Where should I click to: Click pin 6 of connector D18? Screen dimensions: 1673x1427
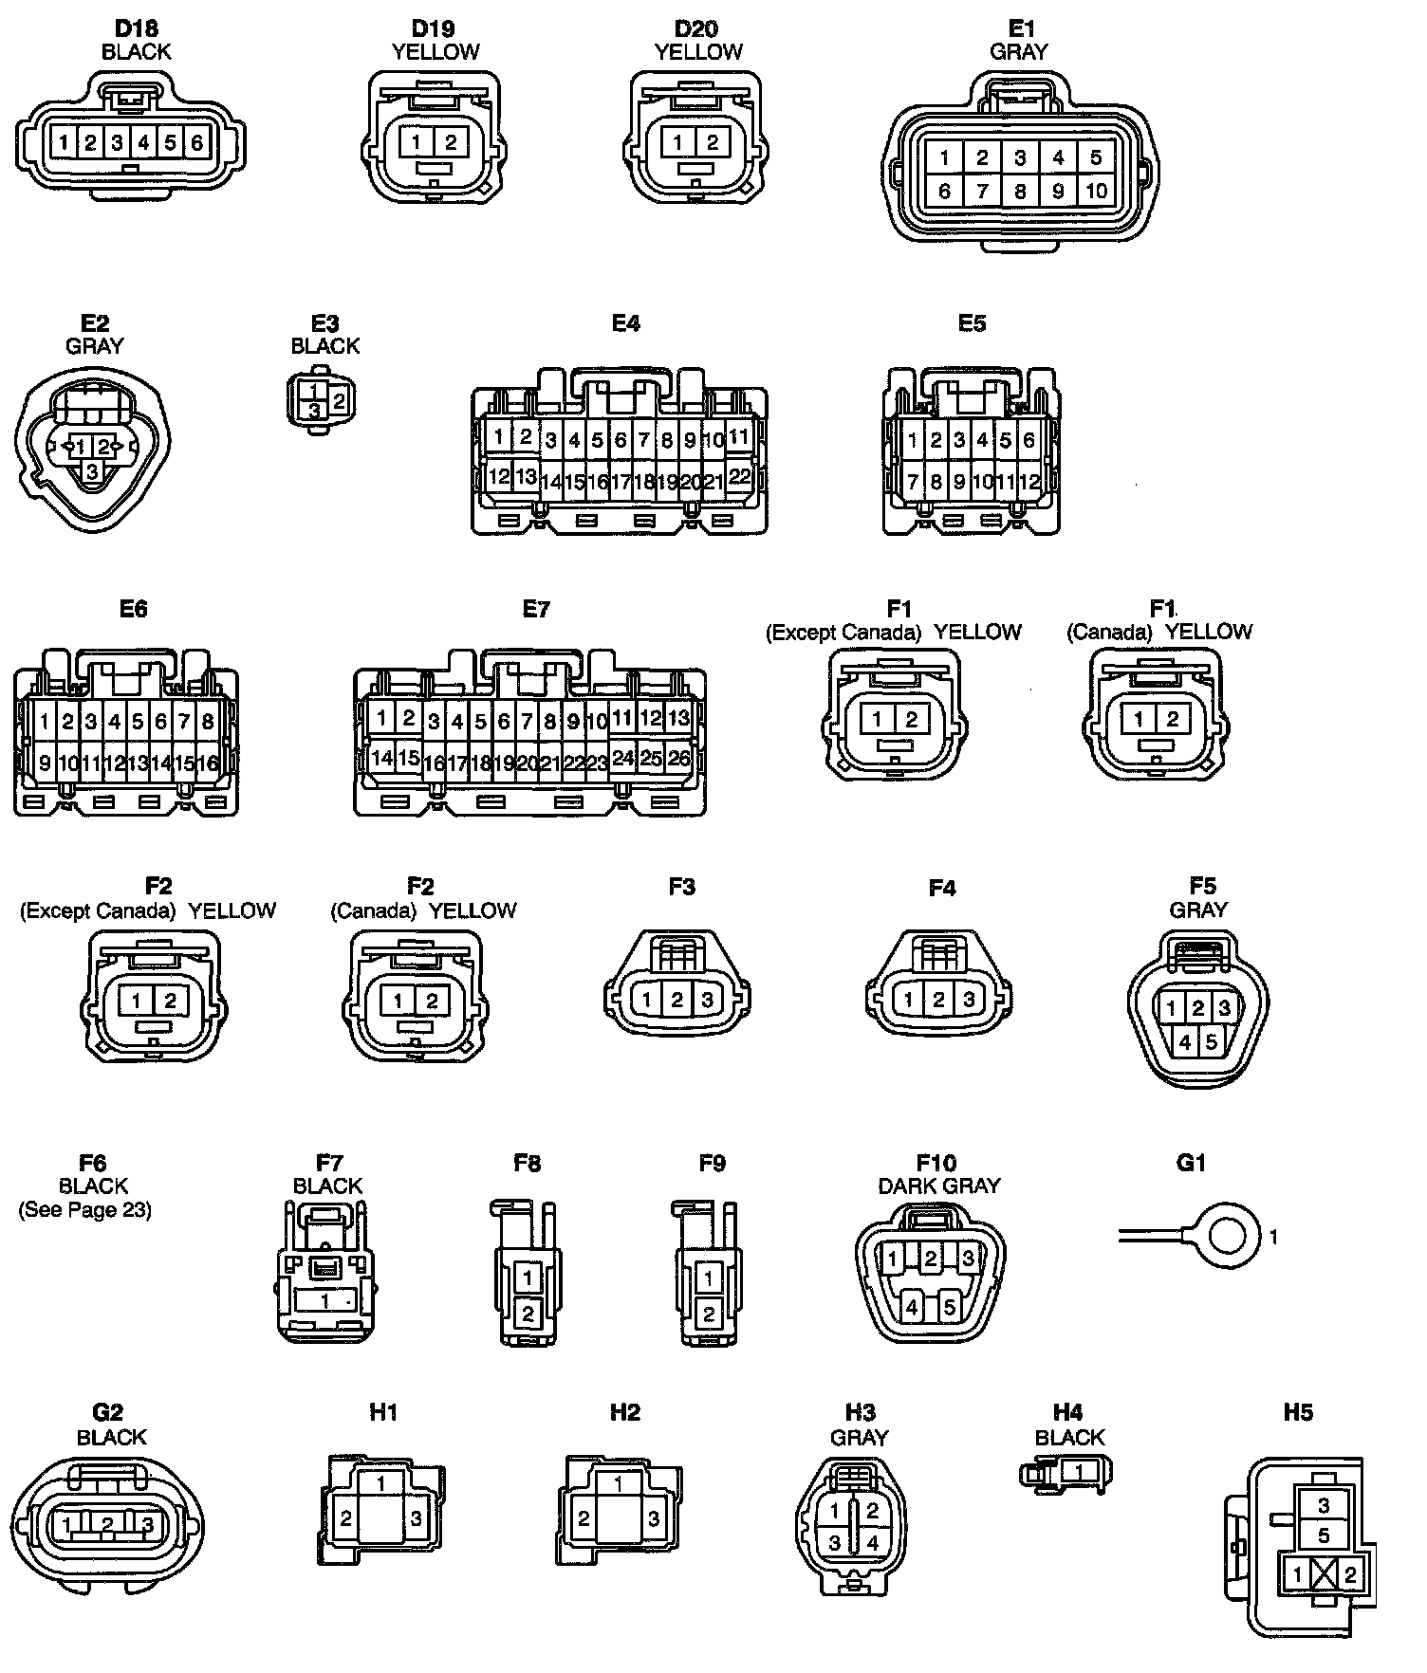tap(196, 143)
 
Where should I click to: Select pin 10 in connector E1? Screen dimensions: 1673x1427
tap(1096, 191)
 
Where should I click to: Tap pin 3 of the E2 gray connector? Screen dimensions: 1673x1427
tap(92, 470)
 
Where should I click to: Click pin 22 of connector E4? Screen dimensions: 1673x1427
tap(739, 476)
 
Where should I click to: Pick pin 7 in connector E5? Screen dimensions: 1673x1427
tap(913, 482)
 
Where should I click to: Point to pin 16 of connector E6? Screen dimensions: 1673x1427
tap(207, 763)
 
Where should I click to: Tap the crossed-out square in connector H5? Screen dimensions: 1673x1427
tap(1324, 1575)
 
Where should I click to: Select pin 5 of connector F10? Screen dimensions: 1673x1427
tap(949, 1307)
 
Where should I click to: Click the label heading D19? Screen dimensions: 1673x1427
tap(434, 29)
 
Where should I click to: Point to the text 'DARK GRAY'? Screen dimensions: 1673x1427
tap(938, 1186)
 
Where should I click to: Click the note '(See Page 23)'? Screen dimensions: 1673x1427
tap(85, 1210)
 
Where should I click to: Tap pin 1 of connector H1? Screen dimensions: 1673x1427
tap(381, 1482)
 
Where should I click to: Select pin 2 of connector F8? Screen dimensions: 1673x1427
tap(528, 1314)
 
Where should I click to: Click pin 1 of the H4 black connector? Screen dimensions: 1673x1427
tap(1077, 1472)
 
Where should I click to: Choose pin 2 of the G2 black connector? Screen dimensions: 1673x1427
tap(107, 1525)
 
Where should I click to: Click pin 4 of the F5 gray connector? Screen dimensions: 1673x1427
tap(1185, 1042)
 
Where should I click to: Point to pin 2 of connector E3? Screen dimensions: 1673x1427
tap(339, 400)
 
